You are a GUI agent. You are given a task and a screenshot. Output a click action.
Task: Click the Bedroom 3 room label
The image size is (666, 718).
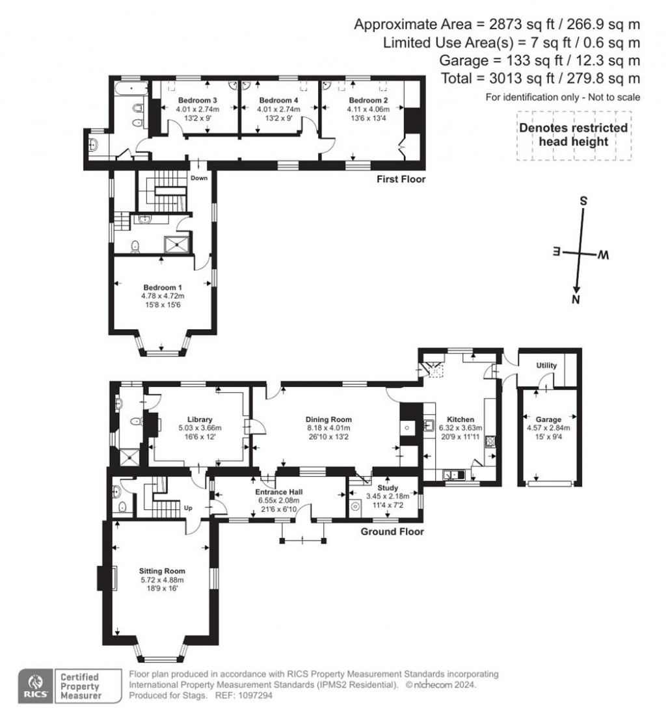tap(198, 100)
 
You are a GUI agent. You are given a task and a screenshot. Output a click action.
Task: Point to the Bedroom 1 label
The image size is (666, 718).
tap(163, 287)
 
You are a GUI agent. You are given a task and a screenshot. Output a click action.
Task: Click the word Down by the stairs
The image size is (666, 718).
tap(199, 178)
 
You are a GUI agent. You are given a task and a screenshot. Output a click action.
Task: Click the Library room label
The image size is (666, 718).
tap(200, 419)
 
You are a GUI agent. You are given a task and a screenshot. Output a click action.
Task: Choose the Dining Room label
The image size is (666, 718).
tap(329, 419)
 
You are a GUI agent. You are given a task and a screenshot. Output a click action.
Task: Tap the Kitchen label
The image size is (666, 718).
tap(460, 419)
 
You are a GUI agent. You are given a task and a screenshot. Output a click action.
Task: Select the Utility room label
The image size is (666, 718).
tap(546, 366)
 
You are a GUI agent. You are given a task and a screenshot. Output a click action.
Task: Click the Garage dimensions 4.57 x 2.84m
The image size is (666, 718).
tap(548, 428)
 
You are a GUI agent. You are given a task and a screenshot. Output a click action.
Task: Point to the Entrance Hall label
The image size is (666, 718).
tap(279, 492)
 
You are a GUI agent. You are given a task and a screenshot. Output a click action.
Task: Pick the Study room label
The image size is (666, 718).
tap(388, 488)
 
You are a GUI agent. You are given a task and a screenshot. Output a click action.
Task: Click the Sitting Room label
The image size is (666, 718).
tap(162, 572)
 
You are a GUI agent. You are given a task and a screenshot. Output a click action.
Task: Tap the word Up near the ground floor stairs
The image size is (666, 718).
tap(188, 508)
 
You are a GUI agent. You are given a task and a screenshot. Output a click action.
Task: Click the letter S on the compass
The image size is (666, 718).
tap(583, 201)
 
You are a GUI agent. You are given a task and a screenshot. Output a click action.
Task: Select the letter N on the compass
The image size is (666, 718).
tap(576, 300)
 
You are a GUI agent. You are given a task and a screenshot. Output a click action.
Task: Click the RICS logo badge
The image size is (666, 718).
tap(35, 685)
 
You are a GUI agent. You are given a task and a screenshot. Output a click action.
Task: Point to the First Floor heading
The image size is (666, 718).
tap(401, 179)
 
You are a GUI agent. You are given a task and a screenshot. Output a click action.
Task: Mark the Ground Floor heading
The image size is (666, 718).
tap(392, 531)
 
